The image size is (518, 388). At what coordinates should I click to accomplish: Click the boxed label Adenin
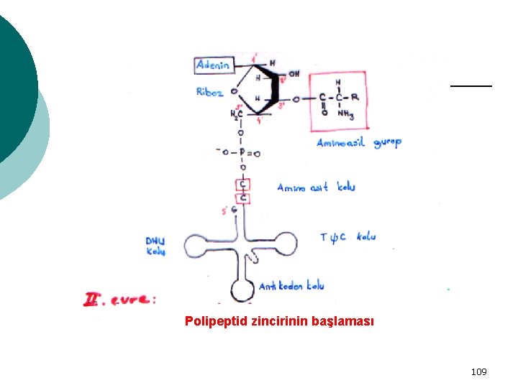pyautogui.click(x=213, y=65)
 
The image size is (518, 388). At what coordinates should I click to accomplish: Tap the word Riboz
pyautogui.click(x=209, y=91)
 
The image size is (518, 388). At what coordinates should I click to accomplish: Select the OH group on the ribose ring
pyautogui.click(x=294, y=73)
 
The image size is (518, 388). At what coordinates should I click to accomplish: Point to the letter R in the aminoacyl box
pyautogui.click(x=355, y=97)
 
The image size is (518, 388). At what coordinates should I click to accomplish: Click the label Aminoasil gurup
pyautogui.click(x=359, y=142)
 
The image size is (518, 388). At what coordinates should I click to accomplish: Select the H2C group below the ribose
pyautogui.click(x=236, y=114)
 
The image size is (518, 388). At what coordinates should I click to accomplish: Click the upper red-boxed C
pyautogui.click(x=243, y=184)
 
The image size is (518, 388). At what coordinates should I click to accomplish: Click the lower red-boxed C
pyautogui.click(x=243, y=197)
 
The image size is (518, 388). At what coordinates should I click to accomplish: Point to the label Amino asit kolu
pyautogui.click(x=316, y=187)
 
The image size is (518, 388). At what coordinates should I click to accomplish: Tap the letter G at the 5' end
pyautogui.click(x=235, y=210)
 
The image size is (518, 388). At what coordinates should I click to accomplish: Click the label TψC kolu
pyautogui.click(x=347, y=236)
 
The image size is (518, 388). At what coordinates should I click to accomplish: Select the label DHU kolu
pyautogui.click(x=155, y=246)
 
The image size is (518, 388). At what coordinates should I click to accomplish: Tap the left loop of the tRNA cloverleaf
pyautogui.click(x=196, y=246)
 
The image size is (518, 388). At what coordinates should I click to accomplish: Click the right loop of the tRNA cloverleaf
pyautogui.click(x=285, y=244)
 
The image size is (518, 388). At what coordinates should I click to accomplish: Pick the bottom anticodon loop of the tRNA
pyautogui.click(x=241, y=291)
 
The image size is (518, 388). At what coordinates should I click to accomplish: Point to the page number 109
pyautogui.click(x=478, y=371)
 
